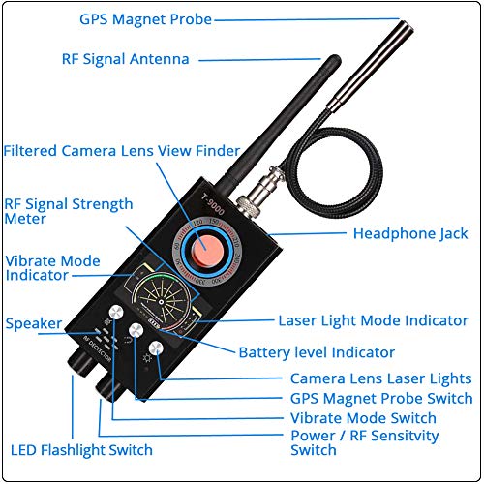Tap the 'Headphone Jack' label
click(410, 233)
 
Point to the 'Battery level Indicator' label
click(316, 352)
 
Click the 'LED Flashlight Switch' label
click(81, 450)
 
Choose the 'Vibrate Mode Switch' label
click(363, 418)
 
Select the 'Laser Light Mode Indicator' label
click(373, 320)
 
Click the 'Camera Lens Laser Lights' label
click(380, 378)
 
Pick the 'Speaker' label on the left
click(34, 322)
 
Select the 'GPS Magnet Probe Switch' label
click(381, 399)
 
